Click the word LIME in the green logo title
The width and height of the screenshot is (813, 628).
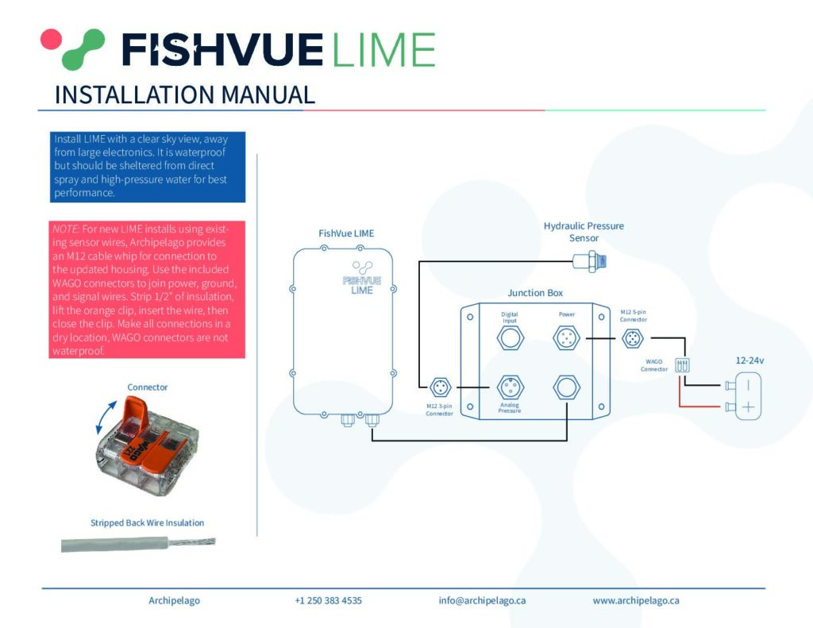[383, 50]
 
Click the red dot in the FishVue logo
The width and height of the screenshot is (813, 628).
[52, 40]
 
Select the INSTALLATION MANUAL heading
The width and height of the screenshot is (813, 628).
[184, 95]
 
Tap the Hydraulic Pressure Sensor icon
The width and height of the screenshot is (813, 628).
[590, 260]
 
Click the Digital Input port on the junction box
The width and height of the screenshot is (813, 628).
[511, 338]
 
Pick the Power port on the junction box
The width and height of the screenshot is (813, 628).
[566, 338]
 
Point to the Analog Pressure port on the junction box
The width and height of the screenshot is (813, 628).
[511, 387]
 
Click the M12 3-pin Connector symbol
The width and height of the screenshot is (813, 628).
[440, 387]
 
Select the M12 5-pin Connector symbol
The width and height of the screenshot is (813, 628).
[633, 339]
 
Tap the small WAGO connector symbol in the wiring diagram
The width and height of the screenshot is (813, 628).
[682, 364]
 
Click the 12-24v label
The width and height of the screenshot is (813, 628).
[749, 360]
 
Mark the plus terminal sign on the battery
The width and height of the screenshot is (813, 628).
[748, 407]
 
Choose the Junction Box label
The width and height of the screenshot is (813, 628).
[535, 293]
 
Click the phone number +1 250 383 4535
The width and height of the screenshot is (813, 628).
[328, 600]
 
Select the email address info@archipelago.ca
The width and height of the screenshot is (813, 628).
[482, 600]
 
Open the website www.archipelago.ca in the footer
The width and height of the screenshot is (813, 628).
[636, 600]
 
